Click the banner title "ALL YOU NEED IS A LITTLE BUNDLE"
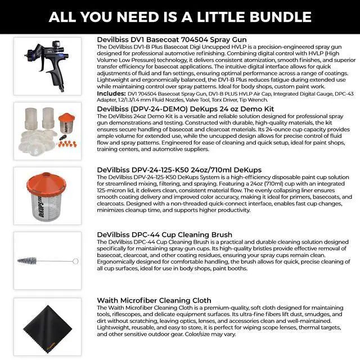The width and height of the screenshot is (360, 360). coord(180,16)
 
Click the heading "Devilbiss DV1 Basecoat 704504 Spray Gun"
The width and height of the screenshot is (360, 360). coord(173,40)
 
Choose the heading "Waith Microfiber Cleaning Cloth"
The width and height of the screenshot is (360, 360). coord(154,300)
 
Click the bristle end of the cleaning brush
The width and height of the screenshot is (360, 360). coord(27,261)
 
